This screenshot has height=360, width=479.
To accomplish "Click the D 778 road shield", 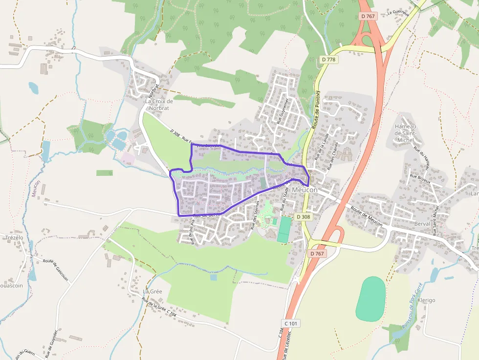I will tap(329, 59).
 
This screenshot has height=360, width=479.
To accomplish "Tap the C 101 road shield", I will tap(291, 323).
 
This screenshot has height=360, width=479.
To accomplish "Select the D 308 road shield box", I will tap(303, 216).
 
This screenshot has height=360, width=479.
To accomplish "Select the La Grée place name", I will tap(152, 291).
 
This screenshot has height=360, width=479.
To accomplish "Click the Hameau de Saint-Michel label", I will tap(405, 133).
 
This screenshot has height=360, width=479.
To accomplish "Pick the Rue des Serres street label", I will tap(256, 215).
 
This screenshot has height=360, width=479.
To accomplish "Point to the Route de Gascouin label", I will tap(55, 270).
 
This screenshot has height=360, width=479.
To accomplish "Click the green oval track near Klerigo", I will tap(370, 299).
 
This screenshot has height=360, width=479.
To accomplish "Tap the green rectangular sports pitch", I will tap(283, 229).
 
